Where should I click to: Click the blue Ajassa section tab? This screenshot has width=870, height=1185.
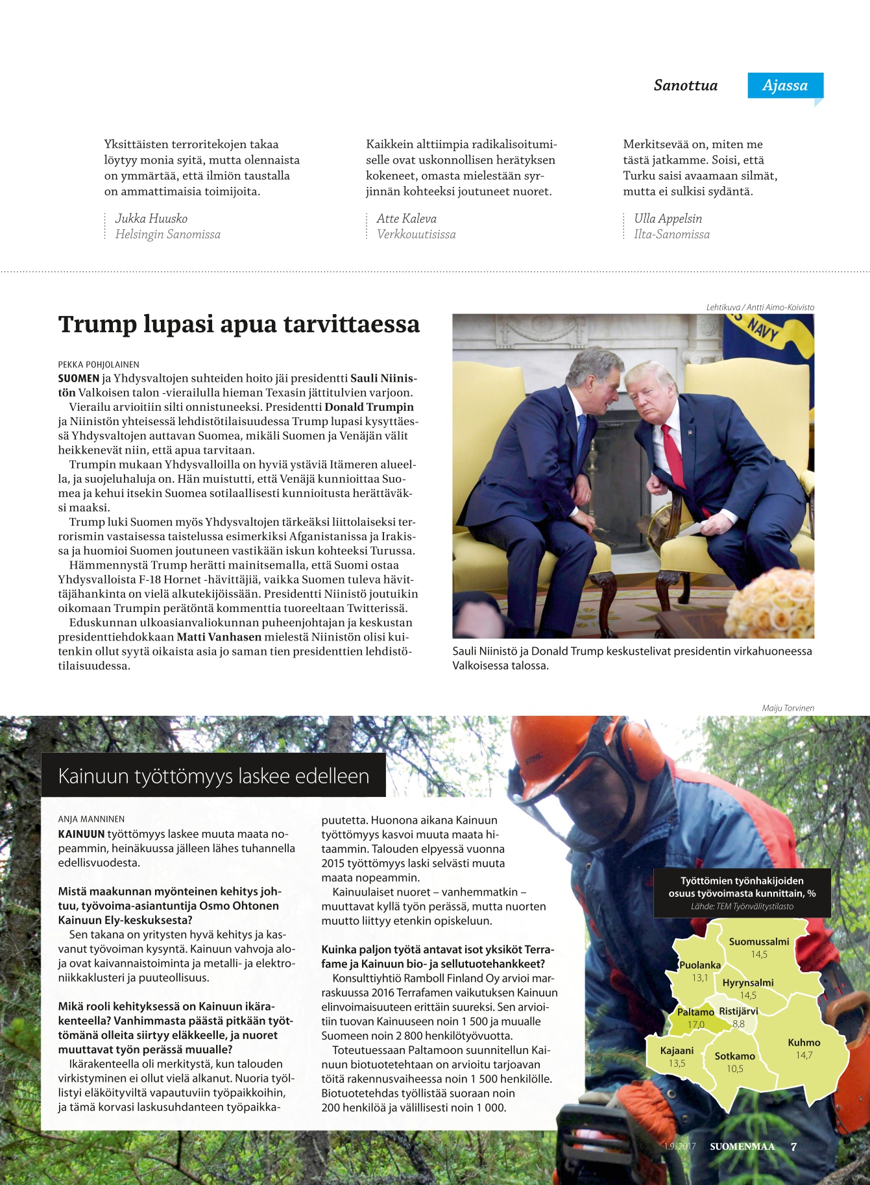pyautogui.click(x=785, y=86)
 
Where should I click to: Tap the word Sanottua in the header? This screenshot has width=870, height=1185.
pyautogui.click(x=685, y=86)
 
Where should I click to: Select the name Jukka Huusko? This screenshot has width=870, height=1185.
pyautogui.click(x=151, y=219)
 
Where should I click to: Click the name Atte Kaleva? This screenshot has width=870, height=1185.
pyautogui.click(x=406, y=219)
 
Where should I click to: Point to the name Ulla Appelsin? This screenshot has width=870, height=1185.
pyautogui.click(x=668, y=219)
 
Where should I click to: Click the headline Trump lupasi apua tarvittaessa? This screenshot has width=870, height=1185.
pyautogui.click(x=239, y=324)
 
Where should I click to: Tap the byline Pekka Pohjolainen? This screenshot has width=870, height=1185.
pyautogui.click(x=99, y=365)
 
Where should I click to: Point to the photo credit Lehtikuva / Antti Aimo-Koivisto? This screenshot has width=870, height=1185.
pyautogui.click(x=760, y=308)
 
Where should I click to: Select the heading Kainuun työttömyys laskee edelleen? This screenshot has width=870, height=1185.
pyautogui.click(x=213, y=776)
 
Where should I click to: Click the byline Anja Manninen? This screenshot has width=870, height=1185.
pyautogui.click(x=91, y=819)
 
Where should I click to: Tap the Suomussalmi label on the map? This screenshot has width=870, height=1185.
pyautogui.click(x=759, y=942)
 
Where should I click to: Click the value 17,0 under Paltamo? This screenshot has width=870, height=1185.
pyautogui.click(x=695, y=1025)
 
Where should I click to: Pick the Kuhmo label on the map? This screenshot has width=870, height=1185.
pyautogui.click(x=804, y=1042)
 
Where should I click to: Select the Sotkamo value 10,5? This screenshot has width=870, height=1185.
pyautogui.click(x=734, y=1069)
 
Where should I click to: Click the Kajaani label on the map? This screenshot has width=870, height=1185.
pyautogui.click(x=677, y=1051)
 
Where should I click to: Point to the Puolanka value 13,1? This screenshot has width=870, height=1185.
pyautogui.click(x=700, y=978)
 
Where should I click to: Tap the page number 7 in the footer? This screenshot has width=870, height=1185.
pyautogui.click(x=793, y=1147)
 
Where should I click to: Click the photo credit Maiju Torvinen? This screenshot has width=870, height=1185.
pyautogui.click(x=788, y=708)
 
